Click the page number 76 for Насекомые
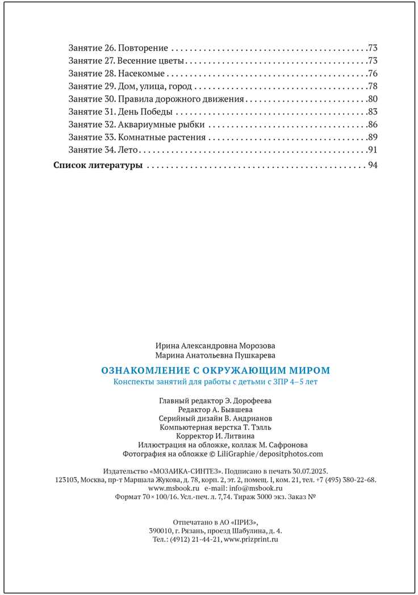[373, 73]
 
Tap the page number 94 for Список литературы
[373, 166]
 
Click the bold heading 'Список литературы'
[98, 166]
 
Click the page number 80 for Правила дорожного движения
[373, 99]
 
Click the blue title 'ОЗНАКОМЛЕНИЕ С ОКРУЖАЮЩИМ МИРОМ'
[215, 370]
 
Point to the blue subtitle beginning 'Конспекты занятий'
[215, 382]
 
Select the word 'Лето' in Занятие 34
[128, 150]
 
